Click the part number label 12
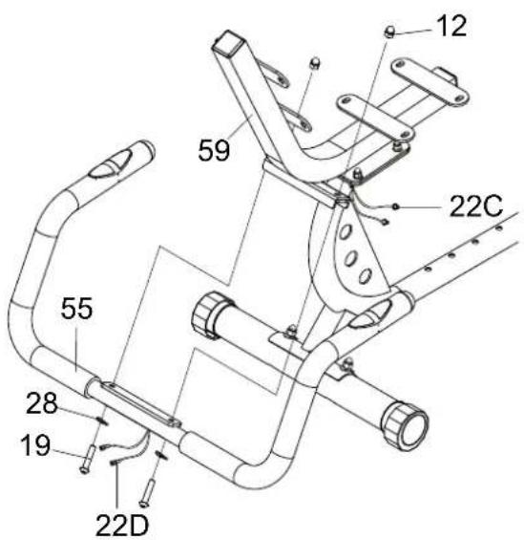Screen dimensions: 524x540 [451, 26]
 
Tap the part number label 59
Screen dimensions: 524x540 [214, 150]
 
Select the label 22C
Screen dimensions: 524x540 [476, 205]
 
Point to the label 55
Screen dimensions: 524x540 [76, 308]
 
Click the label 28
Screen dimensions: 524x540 [42, 403]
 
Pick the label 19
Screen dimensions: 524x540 [35, 445]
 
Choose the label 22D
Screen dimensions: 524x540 [122, 525]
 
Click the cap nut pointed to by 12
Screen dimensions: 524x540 [389, 32]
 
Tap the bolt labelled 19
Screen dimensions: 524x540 [88, 459]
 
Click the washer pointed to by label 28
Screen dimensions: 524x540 [102, 421]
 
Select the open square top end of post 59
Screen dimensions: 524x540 [227, 42]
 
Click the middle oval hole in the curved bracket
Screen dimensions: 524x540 [350, 259]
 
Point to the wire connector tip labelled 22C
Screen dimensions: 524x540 [395, 206]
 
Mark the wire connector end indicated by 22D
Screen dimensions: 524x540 [114, 464]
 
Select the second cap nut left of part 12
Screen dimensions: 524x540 [314, 63]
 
